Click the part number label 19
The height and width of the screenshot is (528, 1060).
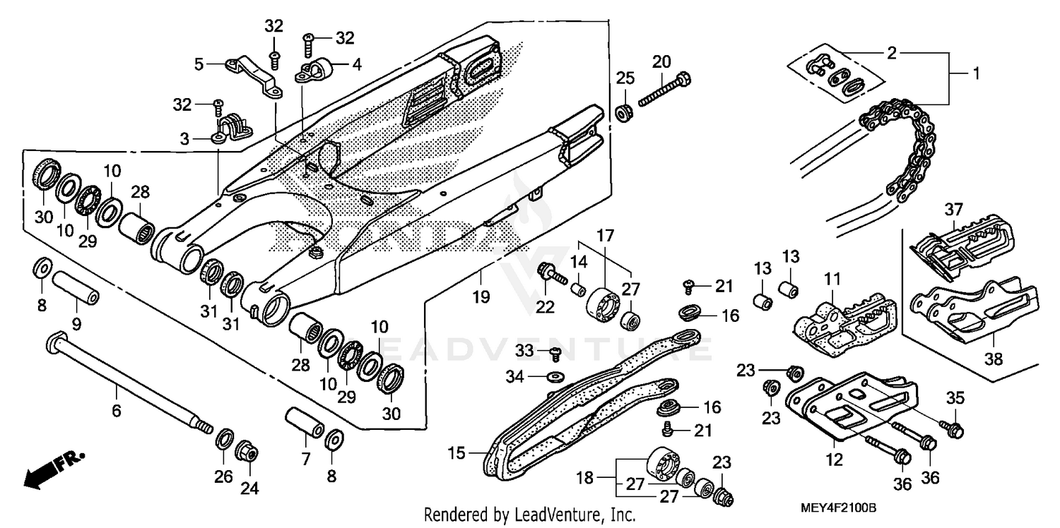(481, 297)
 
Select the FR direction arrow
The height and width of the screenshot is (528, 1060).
(54, 469)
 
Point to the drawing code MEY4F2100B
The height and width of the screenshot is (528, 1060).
(838, 508)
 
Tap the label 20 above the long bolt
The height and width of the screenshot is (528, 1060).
(661, 61)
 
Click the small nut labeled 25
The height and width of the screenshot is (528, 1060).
(625, 112)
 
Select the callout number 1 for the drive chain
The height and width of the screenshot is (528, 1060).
(976, 73)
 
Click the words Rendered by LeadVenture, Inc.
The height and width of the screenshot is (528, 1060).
(529, 515)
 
